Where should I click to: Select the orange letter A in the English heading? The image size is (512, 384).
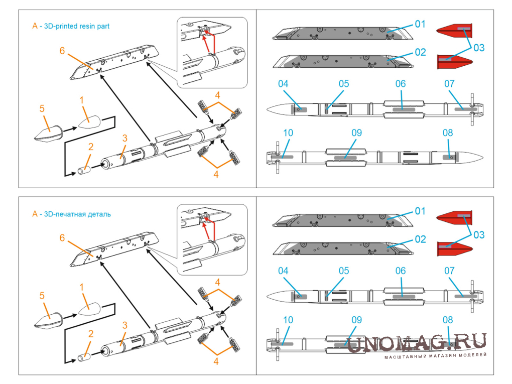(x=35, y=26)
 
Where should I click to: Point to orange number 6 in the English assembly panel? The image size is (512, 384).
(x=62, y=51)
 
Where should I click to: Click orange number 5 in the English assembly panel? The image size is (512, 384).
(x=42, y=108)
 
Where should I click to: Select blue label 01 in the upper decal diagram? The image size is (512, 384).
(x=420, y=24)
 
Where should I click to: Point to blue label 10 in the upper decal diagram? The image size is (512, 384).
(x=288, y=133)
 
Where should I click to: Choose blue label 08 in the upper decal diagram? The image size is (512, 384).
(x=448, y=133)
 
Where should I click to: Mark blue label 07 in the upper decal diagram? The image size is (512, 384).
(x=449, y=83)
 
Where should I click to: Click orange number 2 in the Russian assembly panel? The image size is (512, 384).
(x=90, y=334)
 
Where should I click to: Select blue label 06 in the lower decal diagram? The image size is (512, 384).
(x=400, y=271)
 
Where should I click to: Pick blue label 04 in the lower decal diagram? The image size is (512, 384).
(x=283, y=271)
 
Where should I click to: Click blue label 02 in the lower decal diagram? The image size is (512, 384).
(x=420, y=239)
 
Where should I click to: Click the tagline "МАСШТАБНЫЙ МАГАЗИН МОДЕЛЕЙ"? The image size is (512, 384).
(x=436, y=355)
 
